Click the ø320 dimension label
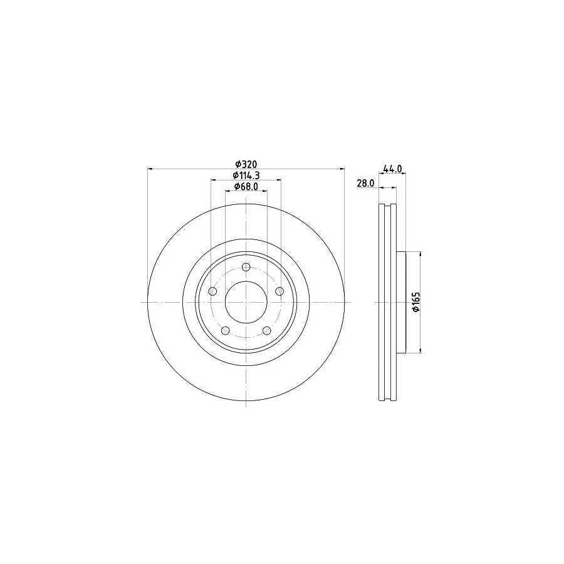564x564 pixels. click(246, 164)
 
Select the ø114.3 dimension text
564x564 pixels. click(246, 175)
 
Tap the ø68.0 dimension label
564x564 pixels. click(246, 186)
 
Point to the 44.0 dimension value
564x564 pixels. click(392, 169)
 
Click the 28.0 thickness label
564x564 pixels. click(365, 183)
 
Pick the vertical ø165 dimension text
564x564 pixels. click(416, 302)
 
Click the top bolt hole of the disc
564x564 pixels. click(246, 267)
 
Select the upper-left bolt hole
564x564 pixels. click(213, 291)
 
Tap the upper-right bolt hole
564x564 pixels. click(279, 291)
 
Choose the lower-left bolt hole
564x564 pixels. click(226, 330)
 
